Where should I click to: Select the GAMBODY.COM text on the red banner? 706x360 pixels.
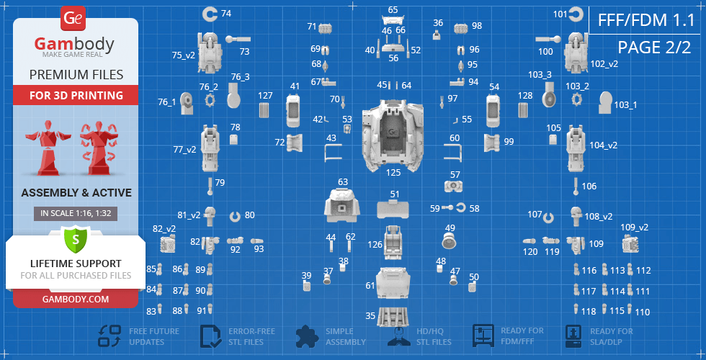pos(76,299)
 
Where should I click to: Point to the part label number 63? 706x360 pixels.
pos(343,182)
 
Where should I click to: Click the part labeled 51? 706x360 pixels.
pos(393,209)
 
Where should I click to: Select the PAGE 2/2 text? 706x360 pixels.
pos(654,48)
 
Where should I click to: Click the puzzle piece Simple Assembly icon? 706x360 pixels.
pos(308,336)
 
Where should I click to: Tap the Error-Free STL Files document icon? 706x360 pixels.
pos(211,336)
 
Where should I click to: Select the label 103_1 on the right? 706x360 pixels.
pos(625,105)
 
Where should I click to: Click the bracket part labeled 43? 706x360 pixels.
pos(333,153)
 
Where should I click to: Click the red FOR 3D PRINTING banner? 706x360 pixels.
pos(76,95)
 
